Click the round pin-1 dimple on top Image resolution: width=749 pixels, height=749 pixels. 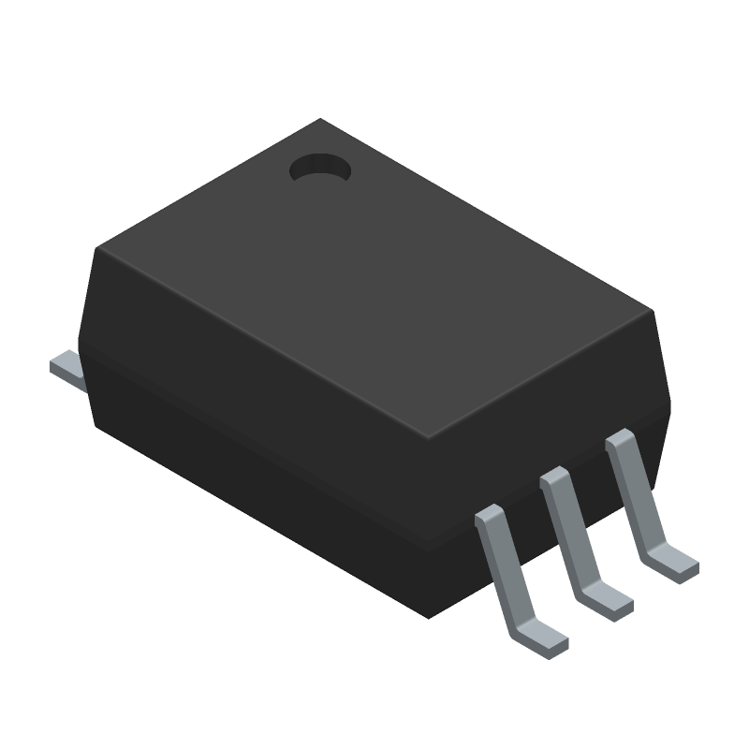pos(319,169)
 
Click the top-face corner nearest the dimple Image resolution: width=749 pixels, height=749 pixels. pos(320,120)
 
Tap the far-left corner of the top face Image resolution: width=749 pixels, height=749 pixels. pos(98,247)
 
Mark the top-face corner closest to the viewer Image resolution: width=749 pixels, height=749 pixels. pos(427,440)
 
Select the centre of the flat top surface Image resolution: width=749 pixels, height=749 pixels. pos(374,281)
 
